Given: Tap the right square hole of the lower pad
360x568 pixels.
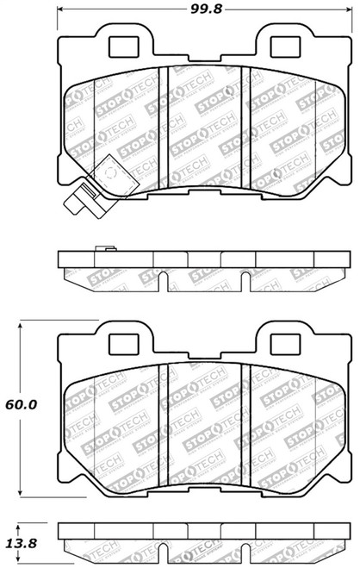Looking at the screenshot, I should pyautogui.click(x=281, y=343).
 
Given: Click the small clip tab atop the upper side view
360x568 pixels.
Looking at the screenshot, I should pyautogui.click(x=101, y=251).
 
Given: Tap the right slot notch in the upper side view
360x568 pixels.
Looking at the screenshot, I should pyautogui.click(x=246, y=278).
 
